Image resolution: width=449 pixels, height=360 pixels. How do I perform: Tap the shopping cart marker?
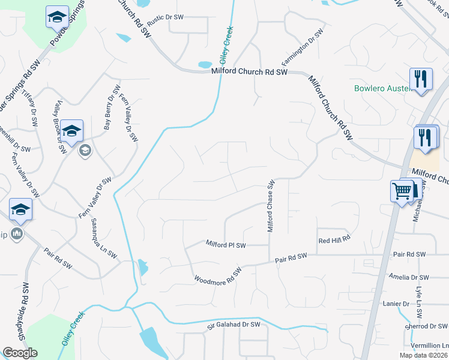coord(402,191)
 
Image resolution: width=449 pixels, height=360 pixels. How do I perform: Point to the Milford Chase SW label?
coord(270,205)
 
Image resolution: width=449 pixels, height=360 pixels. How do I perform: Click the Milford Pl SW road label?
coord(226,245)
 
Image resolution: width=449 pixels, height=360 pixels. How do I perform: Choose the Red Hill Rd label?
coord(334,240)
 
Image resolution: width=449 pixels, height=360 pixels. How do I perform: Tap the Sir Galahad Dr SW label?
coord(234,325)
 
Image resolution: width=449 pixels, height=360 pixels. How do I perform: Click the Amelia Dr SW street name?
coord(409,277)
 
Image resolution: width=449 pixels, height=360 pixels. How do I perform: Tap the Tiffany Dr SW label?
coord(30,106)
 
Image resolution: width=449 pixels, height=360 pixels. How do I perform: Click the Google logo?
coord(20,353)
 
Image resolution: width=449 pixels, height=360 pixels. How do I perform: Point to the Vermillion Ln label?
coord(429,346)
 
